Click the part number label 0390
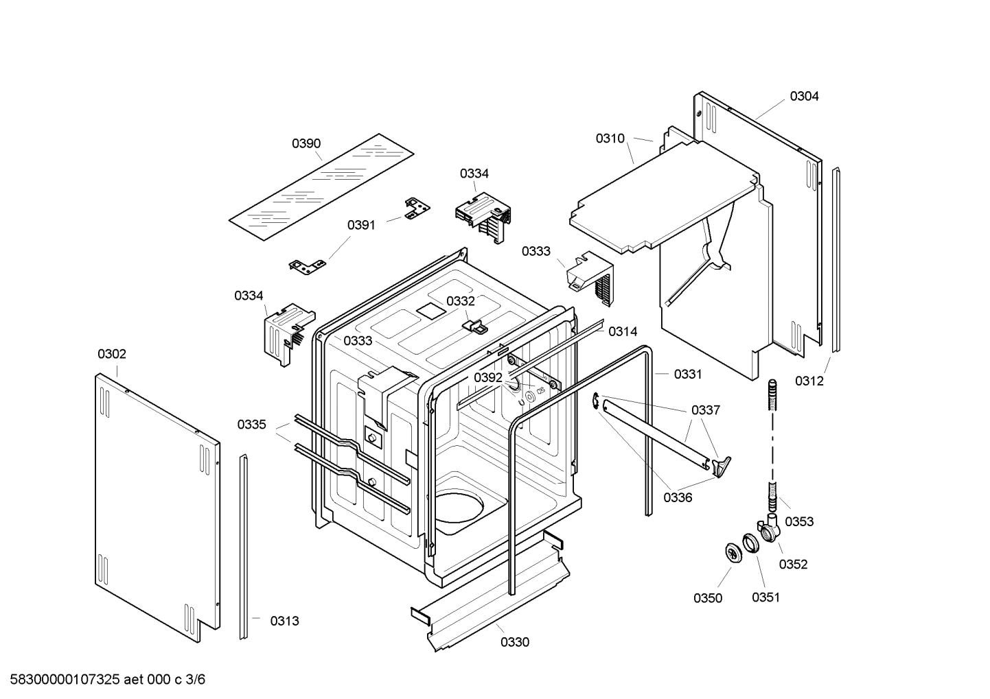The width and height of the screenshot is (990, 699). pos(306,143)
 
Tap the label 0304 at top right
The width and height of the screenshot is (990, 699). pos(804,96)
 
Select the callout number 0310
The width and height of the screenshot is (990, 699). pos(610,139)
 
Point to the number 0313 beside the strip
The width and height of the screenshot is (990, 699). pos(284,621)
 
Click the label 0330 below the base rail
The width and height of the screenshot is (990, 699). pos(515,642)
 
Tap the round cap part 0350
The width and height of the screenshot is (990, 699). pos(734,552)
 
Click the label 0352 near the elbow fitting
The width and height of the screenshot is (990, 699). pos(793,564)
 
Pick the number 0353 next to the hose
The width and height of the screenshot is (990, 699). pos(799,521)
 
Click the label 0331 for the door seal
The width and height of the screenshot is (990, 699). pos(688,374)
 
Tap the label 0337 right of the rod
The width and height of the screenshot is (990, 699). pos(706,410)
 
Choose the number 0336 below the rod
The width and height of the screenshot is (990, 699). pos(678,497)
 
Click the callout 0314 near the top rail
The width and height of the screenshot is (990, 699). pos(623,332)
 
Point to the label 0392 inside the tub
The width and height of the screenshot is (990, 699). pos(488,377)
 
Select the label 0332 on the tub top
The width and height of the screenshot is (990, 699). pos(461,301)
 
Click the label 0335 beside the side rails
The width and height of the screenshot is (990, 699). pos(252,425)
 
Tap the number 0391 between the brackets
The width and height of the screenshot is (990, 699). pos(361,225)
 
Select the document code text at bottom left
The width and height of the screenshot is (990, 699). pos(104,680)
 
